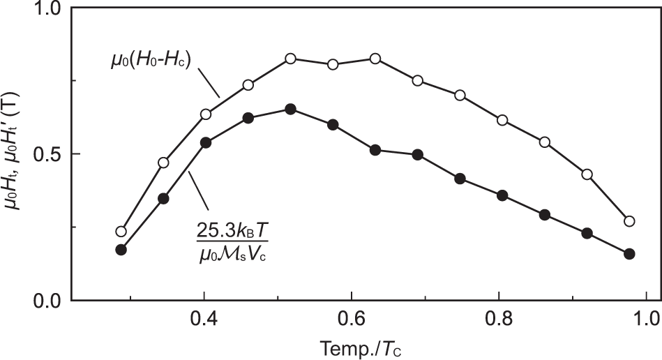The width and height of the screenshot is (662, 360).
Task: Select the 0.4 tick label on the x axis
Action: pos(203,323)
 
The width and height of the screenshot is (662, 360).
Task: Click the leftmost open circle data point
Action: pos(121,232)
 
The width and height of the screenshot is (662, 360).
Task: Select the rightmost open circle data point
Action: pos(629,221)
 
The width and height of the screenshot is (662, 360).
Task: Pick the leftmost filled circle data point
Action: pos(121,250)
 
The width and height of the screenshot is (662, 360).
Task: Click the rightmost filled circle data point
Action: pos(629,254)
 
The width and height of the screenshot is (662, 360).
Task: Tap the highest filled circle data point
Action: pos(291,109)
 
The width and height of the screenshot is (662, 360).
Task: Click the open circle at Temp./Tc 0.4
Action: pos(206,114)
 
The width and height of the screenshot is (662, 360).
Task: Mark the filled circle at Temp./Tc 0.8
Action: pos(502,195)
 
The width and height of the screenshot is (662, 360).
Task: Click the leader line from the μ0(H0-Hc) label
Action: pos(210,82)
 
